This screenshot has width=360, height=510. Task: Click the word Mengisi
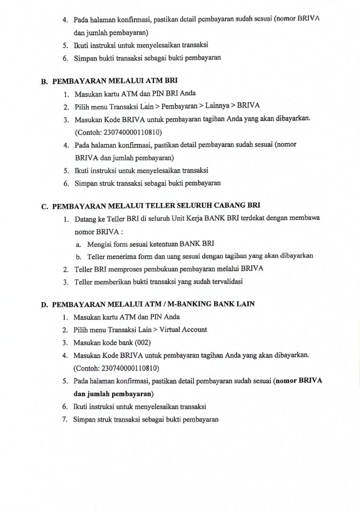(x=100, y=244)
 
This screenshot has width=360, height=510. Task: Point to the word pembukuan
(x=160, y=269)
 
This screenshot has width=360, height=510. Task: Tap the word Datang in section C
(x=85, y=219)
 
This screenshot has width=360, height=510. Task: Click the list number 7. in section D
(x=66, y=419)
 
